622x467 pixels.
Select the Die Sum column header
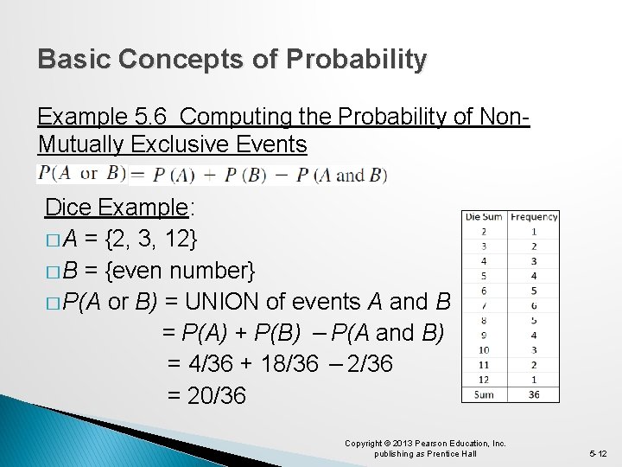[484, 217]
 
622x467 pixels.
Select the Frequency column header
[534, 217]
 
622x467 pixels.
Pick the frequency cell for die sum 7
[534, 305]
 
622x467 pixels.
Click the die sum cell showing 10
[484, 350]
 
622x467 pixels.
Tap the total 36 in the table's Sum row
[534, 394]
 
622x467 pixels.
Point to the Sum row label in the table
[484, 394]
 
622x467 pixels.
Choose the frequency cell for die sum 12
[534, 380]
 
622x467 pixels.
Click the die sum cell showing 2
[484, 232]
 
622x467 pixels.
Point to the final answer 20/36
[215, 396]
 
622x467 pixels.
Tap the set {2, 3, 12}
[152, 240]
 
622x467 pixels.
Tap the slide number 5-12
[599, 453]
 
